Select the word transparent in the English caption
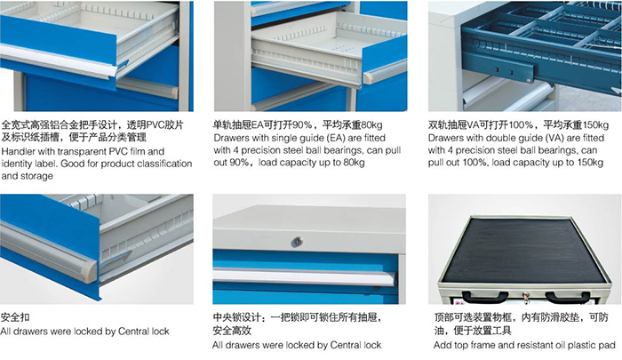coord(85,152)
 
